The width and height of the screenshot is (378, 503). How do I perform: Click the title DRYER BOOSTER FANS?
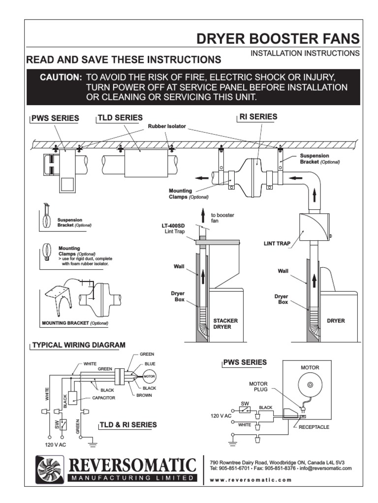(x=278, y=39)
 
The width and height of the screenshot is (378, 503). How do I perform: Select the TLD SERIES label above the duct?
(x=121, y=118)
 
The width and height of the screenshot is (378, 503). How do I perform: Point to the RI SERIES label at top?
(x=258, y=117)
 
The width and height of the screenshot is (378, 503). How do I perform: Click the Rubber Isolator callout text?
(x=167, y=126)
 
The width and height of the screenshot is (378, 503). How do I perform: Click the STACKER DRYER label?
(x=225, y=323)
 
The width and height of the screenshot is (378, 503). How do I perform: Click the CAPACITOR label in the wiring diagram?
(x=103, y=398)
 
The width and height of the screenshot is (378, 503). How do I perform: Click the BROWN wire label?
(x=144, y=395)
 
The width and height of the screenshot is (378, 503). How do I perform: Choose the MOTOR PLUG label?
(x=258, y=387)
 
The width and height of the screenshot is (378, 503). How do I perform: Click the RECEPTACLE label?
(x=314, y=427)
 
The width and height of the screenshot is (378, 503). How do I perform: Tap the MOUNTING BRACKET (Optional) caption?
(x=75, y=324)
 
